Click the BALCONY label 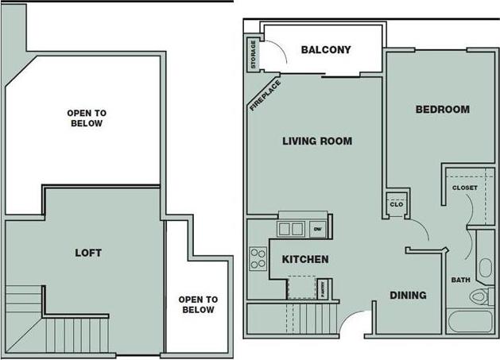(x=326, y=50)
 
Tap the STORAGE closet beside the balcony (x=254, y=54)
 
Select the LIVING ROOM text (x=317, y=142)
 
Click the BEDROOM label (x=442, y=110)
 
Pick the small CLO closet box (x=397, y=203)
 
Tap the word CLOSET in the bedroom (x=464, y=188)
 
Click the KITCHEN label (x=305, y=259)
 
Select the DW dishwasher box (x=317, y=230)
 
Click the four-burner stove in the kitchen (x=258, y=257)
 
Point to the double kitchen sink (x=290, y=229)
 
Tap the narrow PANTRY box (x=324, y=288)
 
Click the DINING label (x=408, y=295)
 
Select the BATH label (x=460, y=280)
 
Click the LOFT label (x=87, y=253)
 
